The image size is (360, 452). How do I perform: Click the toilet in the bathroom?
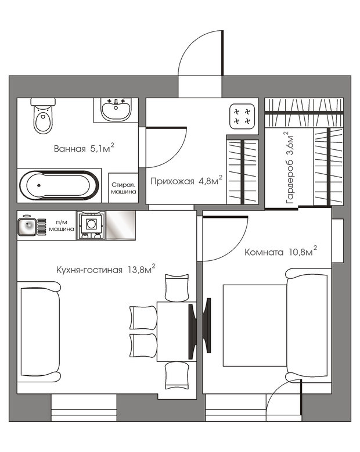[x=43, y=116]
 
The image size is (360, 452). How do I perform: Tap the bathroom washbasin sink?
[x=116, y=109]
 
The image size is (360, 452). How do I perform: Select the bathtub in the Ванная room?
[x=59, y=185]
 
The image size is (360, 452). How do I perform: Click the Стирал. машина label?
[x=124, y=188]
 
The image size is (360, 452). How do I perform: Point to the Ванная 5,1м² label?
[x=84, y=148]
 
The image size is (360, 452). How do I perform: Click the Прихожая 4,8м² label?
[x=186, y=181]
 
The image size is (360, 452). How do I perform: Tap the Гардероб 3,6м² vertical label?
[x=289, y=168]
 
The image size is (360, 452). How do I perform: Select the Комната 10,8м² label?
[x=280, y=252]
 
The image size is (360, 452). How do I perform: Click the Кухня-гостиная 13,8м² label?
[x=106, y=269]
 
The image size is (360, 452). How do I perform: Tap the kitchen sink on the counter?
[x=27, y=227]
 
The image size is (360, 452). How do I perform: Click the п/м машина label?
[x=62, y=225]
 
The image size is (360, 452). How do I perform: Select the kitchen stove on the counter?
[x=91, y=225]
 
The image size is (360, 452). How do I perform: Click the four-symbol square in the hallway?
[x=242, y=116]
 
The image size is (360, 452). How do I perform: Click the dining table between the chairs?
[x=177, y=332]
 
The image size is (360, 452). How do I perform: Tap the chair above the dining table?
[x=177, y=288]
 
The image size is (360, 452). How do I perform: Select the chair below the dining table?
[x=177, y=375]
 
